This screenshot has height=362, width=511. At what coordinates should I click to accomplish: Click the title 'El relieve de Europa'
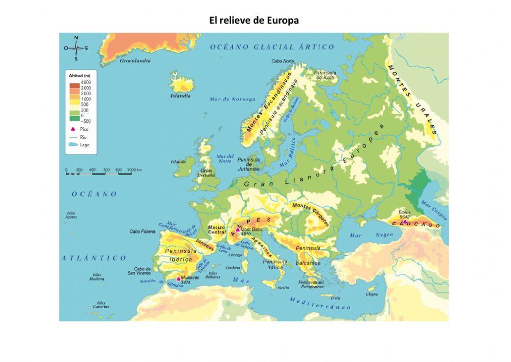(254, 20)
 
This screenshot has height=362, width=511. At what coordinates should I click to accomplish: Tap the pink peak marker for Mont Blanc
(238, 230)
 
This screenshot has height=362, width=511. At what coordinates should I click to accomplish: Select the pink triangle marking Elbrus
(405, 222)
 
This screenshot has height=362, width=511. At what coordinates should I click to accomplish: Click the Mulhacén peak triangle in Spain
(178, 279)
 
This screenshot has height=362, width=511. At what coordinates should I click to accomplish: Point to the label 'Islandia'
(180, 96)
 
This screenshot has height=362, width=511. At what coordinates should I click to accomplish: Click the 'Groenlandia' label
(135, 60)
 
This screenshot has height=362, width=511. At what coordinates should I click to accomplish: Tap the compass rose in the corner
(76, 48)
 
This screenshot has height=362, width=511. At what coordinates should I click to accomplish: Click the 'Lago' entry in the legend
(84, 145)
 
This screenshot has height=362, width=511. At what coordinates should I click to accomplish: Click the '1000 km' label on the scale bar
(134, 169)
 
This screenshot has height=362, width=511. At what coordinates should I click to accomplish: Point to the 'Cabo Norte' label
(283, 61)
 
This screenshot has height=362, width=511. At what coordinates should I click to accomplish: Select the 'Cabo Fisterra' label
(142, 231)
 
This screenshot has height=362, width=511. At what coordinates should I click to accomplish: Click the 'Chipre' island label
(372, 294)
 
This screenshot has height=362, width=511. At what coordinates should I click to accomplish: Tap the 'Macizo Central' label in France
(217, 229)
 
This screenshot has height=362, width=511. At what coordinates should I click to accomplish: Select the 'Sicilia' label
(283, 288)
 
